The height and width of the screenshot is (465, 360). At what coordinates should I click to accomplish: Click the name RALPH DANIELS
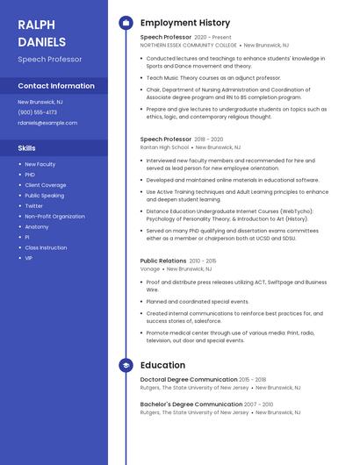(41, 32)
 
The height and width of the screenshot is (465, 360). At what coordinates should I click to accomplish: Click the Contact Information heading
(56, 86)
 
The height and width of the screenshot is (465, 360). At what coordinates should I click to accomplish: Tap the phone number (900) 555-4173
(37, 112)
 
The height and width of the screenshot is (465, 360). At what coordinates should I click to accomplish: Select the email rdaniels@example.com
(47, 123)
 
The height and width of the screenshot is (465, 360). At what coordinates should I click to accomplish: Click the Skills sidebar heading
(27, 148)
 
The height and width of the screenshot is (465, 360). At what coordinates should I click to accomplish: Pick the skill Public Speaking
(44, 196)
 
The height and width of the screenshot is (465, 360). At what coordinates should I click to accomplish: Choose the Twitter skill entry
(33, 206)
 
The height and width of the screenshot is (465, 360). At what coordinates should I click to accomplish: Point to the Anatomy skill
(37, 226)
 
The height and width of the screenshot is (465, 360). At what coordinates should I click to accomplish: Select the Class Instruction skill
(46, 247)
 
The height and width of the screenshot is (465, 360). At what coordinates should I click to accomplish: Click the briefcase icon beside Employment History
(126, 22)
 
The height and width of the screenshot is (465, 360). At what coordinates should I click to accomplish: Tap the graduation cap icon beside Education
(126, 365)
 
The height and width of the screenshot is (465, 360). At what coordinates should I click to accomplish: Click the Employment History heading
(185, 22)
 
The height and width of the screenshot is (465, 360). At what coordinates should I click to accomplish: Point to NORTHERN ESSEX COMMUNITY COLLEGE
(189, 45)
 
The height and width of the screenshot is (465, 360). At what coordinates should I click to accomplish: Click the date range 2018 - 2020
(209, 139)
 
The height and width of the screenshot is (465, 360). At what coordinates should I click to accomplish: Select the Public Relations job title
(163, 261)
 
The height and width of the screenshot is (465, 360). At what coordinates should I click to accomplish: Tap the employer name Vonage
(150, 269)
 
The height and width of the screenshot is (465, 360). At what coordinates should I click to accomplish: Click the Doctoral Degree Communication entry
(189, 380)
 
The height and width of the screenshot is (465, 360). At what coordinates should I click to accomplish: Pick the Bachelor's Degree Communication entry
(191, 404)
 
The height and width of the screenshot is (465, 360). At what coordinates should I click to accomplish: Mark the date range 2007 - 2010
(259, 404)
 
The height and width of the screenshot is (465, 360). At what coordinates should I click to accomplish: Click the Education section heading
(162, 365)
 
